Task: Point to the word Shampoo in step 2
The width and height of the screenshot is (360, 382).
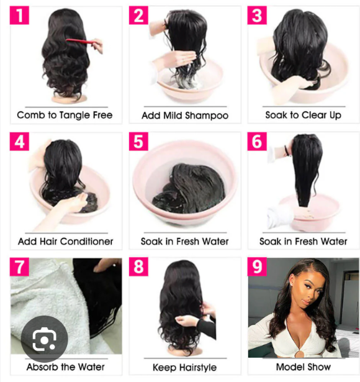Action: point(208,116)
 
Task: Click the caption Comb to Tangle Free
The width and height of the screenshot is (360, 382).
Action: point(65,115)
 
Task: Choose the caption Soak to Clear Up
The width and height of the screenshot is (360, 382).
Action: point(303,115)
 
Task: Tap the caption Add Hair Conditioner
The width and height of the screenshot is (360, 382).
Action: point(65,241)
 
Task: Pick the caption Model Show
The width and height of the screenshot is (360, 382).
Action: point(303,366)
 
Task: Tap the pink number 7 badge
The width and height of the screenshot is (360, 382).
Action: point(20,267)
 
